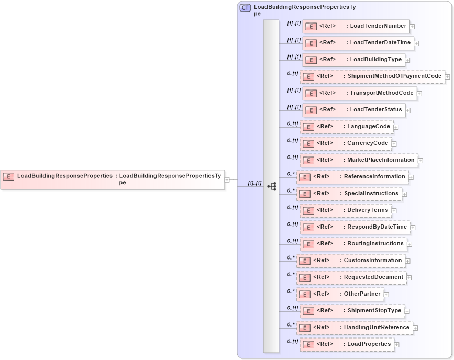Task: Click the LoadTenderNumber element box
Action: (356, 26)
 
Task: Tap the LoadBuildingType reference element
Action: (353, 60)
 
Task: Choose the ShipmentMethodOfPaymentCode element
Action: (372, 76)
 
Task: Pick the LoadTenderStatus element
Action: (354, 110)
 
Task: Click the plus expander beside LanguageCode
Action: (396, 127)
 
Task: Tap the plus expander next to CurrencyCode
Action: (394, 143)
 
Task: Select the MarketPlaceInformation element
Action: (359, 160)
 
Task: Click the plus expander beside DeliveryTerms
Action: (394, 210)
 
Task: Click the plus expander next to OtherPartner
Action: (386, 294)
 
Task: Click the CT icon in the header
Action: (245, 8)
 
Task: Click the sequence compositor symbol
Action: (271, 186)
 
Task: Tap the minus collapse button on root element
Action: (227, 179)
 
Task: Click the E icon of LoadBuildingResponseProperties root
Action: (8, 176)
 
